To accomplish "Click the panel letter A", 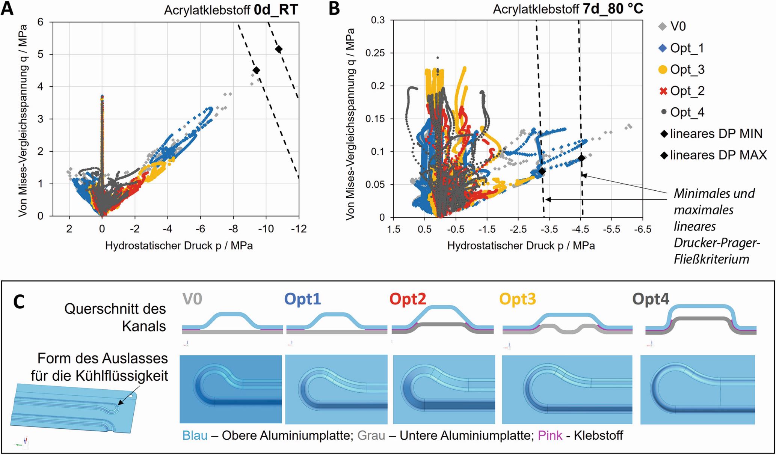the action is [7, 8].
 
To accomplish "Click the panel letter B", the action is [334, 8].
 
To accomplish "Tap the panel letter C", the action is [19, 301].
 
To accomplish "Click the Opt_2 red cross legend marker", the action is [663, 91].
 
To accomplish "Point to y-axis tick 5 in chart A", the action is [40, 54].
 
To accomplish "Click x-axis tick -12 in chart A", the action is [299, 229].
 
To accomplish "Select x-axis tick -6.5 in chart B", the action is [643, 229].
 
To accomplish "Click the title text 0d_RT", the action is [276, 10].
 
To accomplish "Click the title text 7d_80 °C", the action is [613, 8].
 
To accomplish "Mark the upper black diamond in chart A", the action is [279, 49].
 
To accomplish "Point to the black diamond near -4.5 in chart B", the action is [581, 158].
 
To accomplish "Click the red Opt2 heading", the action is [408, 299].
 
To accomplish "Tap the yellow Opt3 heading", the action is [518, 299].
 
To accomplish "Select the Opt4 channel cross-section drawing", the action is [701, 319].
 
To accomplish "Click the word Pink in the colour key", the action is [550, 435].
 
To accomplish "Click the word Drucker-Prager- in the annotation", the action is [717, 243].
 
